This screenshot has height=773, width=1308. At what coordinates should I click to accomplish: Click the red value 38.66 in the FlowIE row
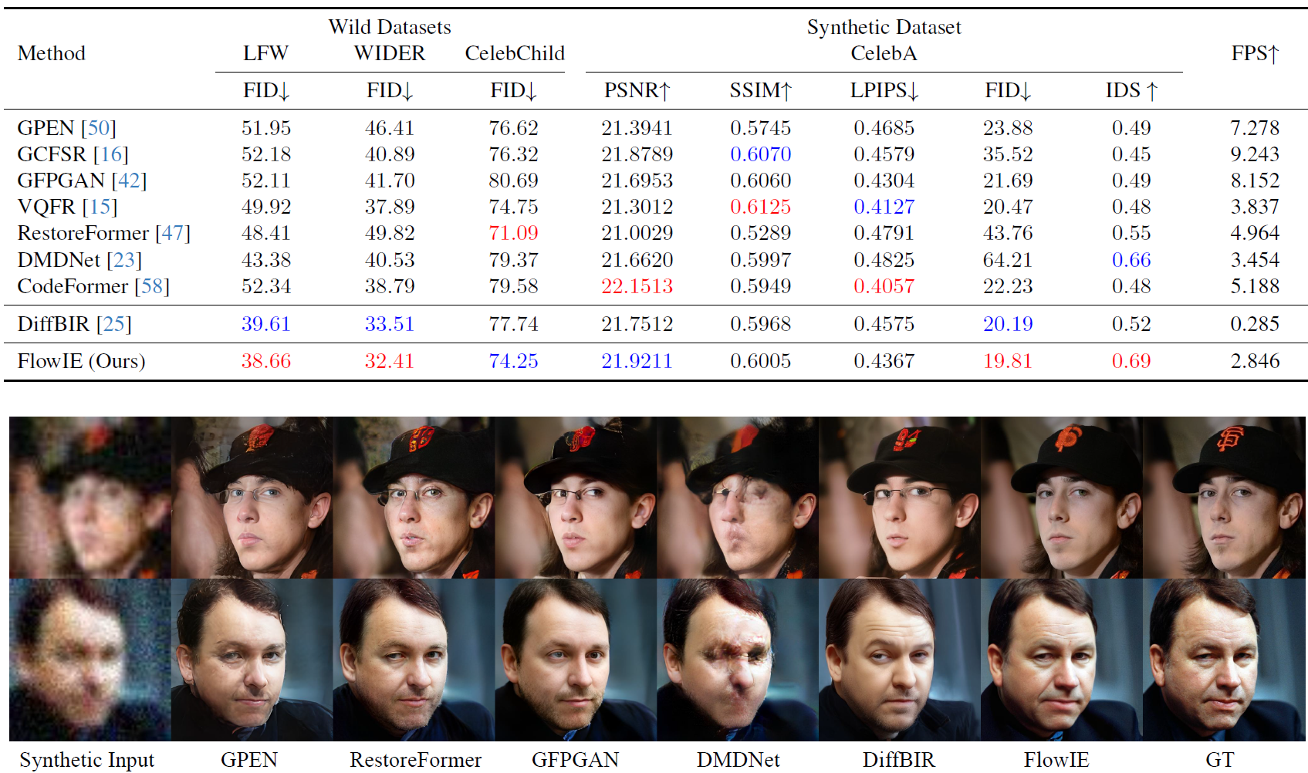[x=265, y=361]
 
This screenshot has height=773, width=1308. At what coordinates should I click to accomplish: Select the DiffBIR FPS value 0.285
[x=1254, y=324]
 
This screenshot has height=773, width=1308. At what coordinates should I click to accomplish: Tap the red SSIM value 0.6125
[x=760, y=207]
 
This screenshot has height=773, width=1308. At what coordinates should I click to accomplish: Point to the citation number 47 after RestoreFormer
[x=173, y=233]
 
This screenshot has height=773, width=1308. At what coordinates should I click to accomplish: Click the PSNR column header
[x=637, y=91]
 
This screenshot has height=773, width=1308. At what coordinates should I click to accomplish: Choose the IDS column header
[x=1131, y=91]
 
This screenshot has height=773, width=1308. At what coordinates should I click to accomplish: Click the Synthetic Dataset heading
[x=884, y=28]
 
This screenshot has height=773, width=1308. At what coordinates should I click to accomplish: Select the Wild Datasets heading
[x=390, y=28]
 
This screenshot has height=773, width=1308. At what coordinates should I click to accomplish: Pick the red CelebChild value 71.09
[x=513, y=233]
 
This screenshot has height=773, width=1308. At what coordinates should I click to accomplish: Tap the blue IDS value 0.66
[x=1131, y=260]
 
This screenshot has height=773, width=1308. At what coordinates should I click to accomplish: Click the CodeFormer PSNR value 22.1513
[x=637, y=286]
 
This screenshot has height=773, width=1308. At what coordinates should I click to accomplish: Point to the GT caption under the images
[x=1219, y=760]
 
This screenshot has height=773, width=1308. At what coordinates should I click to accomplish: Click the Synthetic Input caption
[x=86, y=760]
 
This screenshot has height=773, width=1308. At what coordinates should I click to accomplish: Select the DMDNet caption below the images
[x=738, y=760]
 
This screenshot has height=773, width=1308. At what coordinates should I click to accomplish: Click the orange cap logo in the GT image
[x=1230, y=439]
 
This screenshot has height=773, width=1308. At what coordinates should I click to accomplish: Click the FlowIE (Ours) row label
[x=81, y=361]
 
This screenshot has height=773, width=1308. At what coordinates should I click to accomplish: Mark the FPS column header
[x=1255, y=54]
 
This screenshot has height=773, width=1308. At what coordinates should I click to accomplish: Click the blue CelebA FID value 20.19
[x=1007, y=324]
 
